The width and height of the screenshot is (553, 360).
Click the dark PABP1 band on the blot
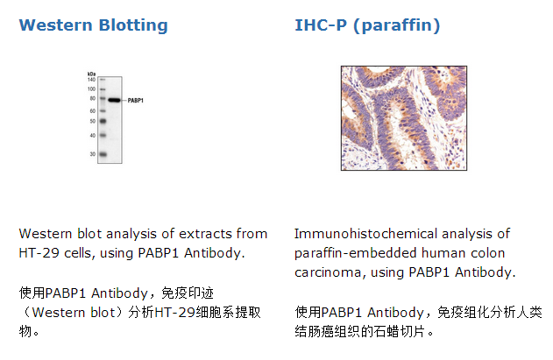point(114,100)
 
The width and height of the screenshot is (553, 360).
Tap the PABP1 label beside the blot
point(136,101)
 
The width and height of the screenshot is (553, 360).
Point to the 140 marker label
point(91,80)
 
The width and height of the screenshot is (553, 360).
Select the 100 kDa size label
point(91,88)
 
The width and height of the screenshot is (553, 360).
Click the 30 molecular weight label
point(92,154)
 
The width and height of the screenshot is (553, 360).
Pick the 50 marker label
point(92,121)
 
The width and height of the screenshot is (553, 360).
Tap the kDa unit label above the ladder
point(91,74)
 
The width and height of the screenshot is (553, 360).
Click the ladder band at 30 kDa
point(103,154)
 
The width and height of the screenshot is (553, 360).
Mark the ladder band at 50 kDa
point(103,121)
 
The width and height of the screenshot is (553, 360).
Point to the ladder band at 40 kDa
point(103,135)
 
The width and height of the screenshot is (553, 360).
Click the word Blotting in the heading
point(133,25)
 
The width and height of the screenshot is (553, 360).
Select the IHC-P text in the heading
point(321,25)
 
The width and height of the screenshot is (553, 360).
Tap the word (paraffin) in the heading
point(396,25)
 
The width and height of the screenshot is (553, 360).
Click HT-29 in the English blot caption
point(39,253)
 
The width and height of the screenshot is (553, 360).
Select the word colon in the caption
point(488,253)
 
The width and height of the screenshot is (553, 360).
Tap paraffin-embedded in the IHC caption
point(356,253)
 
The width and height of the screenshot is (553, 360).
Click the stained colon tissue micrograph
point(404,118)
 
